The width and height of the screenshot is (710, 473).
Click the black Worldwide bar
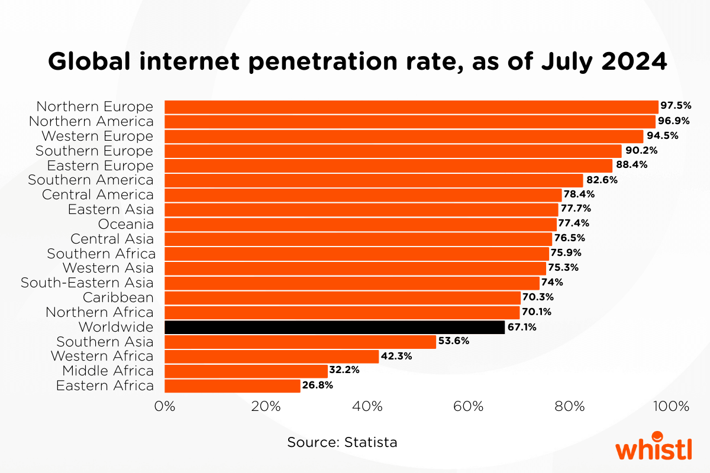pos(334,327)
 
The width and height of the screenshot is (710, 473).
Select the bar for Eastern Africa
pos(232,386)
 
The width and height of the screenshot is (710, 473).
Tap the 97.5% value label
pos(676,106)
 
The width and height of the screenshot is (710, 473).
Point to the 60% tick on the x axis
pos(470,407)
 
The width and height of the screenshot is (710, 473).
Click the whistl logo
pos(653,448)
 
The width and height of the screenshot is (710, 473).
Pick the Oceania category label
pos(126,224)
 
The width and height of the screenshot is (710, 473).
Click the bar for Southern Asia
pos(300,342)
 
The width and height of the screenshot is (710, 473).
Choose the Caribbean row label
pos(118,297)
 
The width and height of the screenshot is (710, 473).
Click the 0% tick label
pos(164,407)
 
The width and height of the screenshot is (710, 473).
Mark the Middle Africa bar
pos(246,371)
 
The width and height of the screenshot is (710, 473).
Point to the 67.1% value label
pos(522,327)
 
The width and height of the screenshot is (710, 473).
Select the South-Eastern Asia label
pos(87,283)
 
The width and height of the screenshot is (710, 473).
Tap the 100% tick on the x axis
pos(670,407)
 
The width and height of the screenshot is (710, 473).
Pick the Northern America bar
pos(409,121)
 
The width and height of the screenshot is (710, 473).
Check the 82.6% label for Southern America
pos(601,180)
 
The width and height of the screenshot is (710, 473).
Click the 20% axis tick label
pos(266,407)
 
